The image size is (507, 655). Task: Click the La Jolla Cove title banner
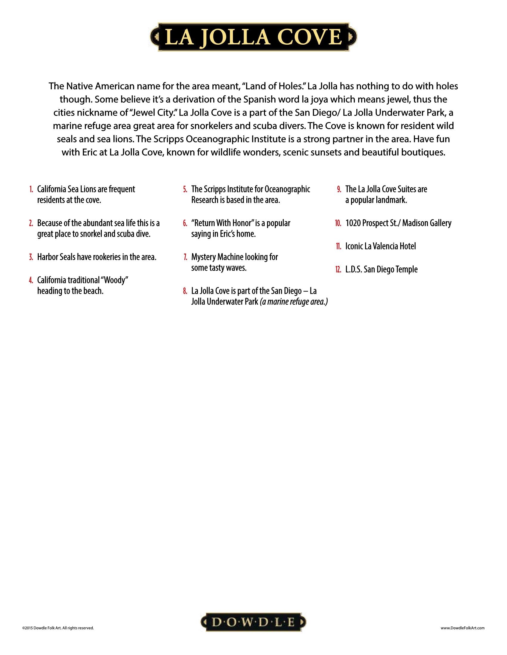253,37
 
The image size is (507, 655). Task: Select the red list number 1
31,190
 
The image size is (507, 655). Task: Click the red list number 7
185,257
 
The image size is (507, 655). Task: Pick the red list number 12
338,270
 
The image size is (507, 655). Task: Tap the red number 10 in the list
338,223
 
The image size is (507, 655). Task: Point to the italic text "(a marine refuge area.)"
293,302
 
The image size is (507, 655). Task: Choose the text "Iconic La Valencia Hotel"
381,247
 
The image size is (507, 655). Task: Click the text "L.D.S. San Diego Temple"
381,270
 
